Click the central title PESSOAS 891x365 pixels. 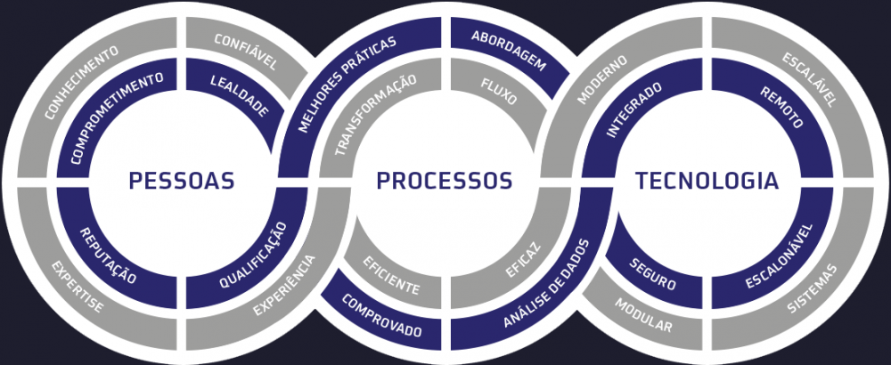[x=181, y=181]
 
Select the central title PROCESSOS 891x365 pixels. [x=444, y=181]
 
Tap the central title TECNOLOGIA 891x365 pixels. [x=707, y=181]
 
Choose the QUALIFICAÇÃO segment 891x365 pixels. [x=252, y=260]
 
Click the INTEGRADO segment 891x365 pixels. [x=634, y=112]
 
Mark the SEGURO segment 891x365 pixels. [x=653, y=274]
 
